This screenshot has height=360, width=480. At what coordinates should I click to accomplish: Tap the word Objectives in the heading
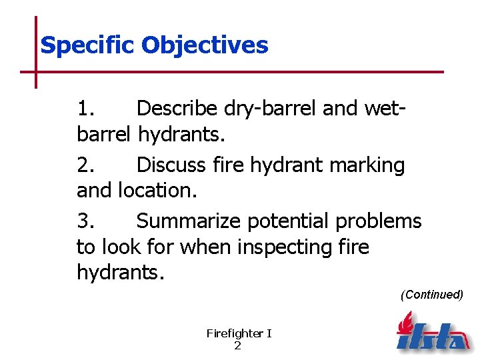(x=205, y=46)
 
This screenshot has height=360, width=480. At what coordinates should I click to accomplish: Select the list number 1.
(x=87, y=109)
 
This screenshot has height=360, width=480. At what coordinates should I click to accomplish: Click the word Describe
(x=178, y=109)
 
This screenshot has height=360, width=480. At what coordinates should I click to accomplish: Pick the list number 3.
(x=87, y=221)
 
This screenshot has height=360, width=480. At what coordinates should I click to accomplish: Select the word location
(x=157, y=191)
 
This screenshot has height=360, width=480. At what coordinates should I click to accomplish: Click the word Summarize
(x=190, y=221)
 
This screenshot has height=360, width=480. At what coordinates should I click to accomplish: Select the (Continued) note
(x=431, y=295)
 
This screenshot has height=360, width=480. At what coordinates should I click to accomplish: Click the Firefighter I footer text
(x=239, y=333)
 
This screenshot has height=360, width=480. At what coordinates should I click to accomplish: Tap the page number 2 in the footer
(x=238, y=346)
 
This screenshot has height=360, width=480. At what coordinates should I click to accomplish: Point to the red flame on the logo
(x=404, y=324)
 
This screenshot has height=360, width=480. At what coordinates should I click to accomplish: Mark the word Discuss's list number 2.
(x=87, y=165)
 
